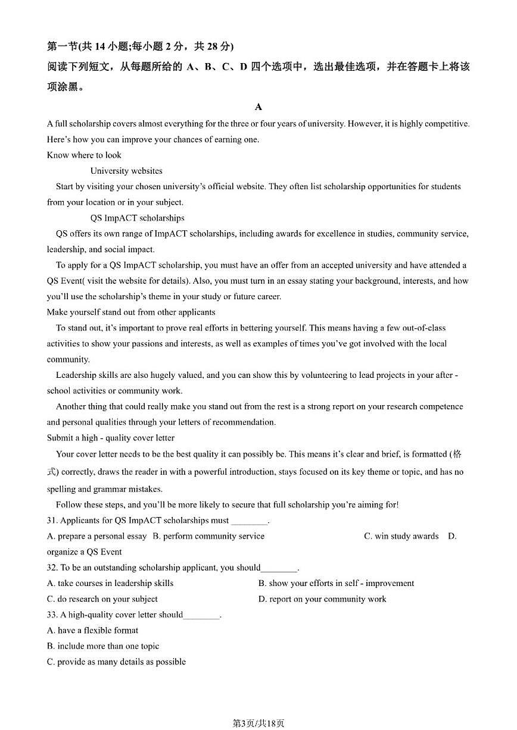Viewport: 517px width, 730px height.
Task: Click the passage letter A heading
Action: (258, 107)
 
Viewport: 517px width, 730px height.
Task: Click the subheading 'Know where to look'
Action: (84, 155)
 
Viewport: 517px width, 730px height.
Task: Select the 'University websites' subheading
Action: (126, 171)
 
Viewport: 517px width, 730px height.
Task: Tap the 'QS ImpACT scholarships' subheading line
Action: (137, 218)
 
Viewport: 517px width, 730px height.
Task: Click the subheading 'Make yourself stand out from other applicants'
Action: (131, 312)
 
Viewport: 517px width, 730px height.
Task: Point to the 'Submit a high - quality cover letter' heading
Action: (111, 438)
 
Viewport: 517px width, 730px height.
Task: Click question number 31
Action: (51, 521)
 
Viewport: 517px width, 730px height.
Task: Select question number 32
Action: (51, 568)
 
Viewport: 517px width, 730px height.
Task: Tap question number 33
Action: (51, 615)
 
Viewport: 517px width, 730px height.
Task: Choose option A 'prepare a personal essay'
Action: (96, 536)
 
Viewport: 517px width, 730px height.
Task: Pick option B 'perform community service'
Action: (208, 536)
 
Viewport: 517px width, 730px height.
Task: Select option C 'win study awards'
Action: (401, 536)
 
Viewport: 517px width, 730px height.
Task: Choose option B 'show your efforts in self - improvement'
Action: (336, 583)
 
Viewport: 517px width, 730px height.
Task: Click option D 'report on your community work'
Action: (322, 599)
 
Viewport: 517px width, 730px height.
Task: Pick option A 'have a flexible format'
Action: (92, 630)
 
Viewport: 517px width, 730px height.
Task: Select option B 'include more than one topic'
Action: (103, 646)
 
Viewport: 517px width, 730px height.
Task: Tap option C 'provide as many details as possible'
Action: (116, 662)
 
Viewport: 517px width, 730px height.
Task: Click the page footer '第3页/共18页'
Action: (258, 723)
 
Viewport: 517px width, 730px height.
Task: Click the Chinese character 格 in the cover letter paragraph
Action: (457, 454)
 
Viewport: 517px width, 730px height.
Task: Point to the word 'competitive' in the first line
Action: (447, 124)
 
